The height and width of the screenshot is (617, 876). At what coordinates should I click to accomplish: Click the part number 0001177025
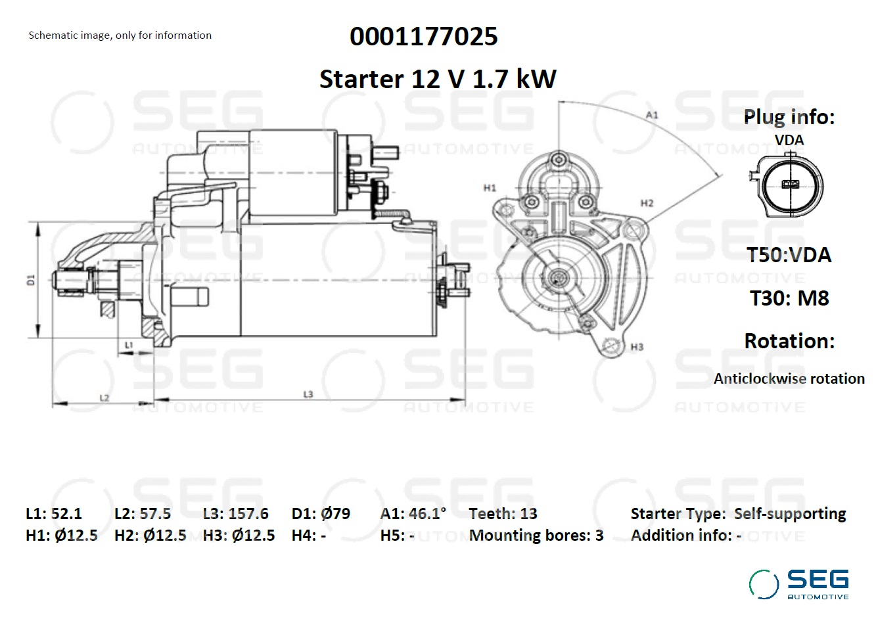click(x=423, y=37)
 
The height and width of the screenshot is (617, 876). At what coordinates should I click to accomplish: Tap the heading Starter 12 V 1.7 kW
click(x=438, y=79)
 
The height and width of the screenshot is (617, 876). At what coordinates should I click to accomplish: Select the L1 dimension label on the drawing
click(x=129, y=345)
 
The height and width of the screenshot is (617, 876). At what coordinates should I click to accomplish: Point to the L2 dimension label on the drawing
click(x=104, y=398)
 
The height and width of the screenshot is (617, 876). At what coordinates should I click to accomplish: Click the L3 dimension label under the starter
click(x=308, y=394)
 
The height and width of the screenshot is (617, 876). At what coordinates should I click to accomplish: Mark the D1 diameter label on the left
click(x=31, y=280)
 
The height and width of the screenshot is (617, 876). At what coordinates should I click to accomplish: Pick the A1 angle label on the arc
click(x=652, y=115)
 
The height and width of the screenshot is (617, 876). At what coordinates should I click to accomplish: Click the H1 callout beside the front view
click(x=490, y=188)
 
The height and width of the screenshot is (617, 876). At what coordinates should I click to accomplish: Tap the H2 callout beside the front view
click(x=647, y=203)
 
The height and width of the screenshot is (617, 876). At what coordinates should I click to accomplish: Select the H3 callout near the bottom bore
click(x=637, y=347)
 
